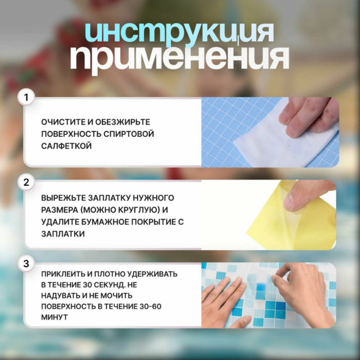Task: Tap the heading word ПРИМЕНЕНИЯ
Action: tap(179, 58)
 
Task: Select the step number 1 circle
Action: tap(26, 97)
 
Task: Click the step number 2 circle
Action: tap(26, 182)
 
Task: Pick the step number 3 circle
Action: tap(26, 263)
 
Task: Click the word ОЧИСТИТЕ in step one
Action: tap(63, 122)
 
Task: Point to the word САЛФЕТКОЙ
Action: tap(66, 146)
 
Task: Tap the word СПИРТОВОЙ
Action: tap(129, 134)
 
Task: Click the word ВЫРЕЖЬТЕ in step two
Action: tap(64, 198)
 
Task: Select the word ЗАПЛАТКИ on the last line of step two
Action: tap(63, 234)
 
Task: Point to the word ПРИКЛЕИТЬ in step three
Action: tap(63, 274)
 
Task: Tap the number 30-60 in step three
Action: tap(150, 307)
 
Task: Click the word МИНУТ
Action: tap(55, 317)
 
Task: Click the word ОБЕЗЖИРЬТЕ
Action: tap(122, 122)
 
